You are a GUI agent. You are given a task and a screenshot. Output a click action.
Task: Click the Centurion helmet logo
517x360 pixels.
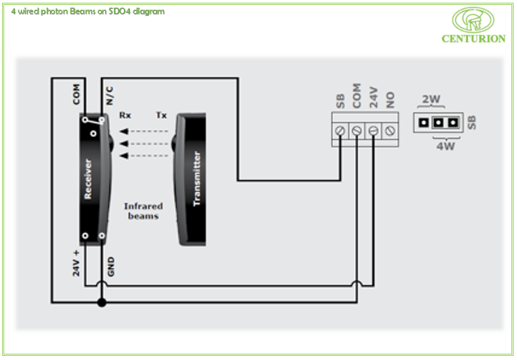473,20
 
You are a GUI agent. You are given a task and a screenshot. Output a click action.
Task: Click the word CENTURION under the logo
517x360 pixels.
473,39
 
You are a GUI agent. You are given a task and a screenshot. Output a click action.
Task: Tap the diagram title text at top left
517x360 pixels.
88,12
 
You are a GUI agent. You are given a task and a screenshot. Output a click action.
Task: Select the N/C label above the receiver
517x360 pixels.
110,96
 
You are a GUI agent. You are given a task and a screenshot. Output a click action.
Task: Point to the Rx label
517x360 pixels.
125,115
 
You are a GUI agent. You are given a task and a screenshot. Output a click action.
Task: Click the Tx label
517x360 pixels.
161,115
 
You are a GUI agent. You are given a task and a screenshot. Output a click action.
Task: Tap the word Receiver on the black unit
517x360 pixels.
88,179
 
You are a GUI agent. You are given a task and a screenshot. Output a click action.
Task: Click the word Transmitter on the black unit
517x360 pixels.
197,179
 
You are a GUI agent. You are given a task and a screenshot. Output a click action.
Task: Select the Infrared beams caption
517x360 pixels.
143,211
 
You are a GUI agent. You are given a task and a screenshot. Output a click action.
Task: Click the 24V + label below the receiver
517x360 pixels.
76,263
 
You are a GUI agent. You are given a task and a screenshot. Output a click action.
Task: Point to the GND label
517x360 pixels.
111,267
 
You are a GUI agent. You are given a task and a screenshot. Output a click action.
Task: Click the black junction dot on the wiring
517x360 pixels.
102,302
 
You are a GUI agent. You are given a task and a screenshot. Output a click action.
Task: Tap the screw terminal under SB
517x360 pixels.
340,131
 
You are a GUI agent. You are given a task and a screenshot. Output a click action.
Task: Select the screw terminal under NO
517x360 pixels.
390,131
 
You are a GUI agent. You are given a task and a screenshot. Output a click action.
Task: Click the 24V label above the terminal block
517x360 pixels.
373,97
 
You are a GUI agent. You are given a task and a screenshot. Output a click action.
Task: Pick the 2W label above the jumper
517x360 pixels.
431,99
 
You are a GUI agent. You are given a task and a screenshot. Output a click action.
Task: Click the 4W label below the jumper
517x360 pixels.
446,145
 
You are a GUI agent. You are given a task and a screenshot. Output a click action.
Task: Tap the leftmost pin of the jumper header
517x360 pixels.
424,123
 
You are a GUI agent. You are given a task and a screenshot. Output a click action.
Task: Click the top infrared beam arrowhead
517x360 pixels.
124,132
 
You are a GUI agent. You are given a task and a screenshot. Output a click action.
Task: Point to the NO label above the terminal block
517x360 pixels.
390,100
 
